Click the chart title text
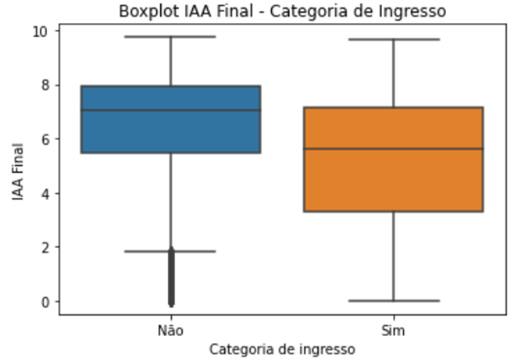[282, 11]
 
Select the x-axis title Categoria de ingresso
[282, 349]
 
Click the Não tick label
[170, 330]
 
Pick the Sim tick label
[393, 330]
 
